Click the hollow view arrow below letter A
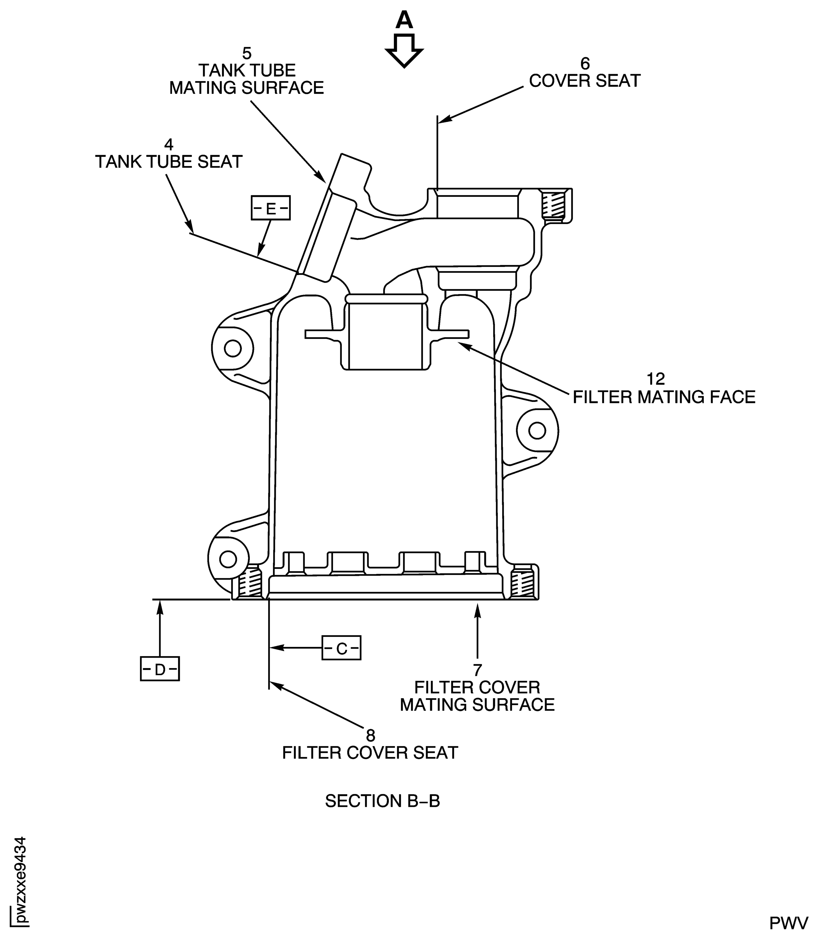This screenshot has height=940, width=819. pyautogui.click(x=404, y=51)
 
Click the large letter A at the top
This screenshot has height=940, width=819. pyautogui.click(x=404, y=20)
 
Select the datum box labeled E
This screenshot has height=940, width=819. pyautogui.click(x=271, y=209)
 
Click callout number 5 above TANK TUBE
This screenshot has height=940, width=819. pyautogui.click(x=246, y=53)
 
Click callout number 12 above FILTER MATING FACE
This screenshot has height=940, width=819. pyautogui.click(x=655, y=379)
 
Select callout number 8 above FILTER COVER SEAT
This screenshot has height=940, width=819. pyautogui.click(x=370, y=735)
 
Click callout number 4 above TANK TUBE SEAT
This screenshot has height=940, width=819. pyautogui.click(x=169, y=144)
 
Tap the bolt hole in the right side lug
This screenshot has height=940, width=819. pyautogui.click(x=537, y=430)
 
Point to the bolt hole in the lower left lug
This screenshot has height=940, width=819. pyautogui.click(x=228, y=558)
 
